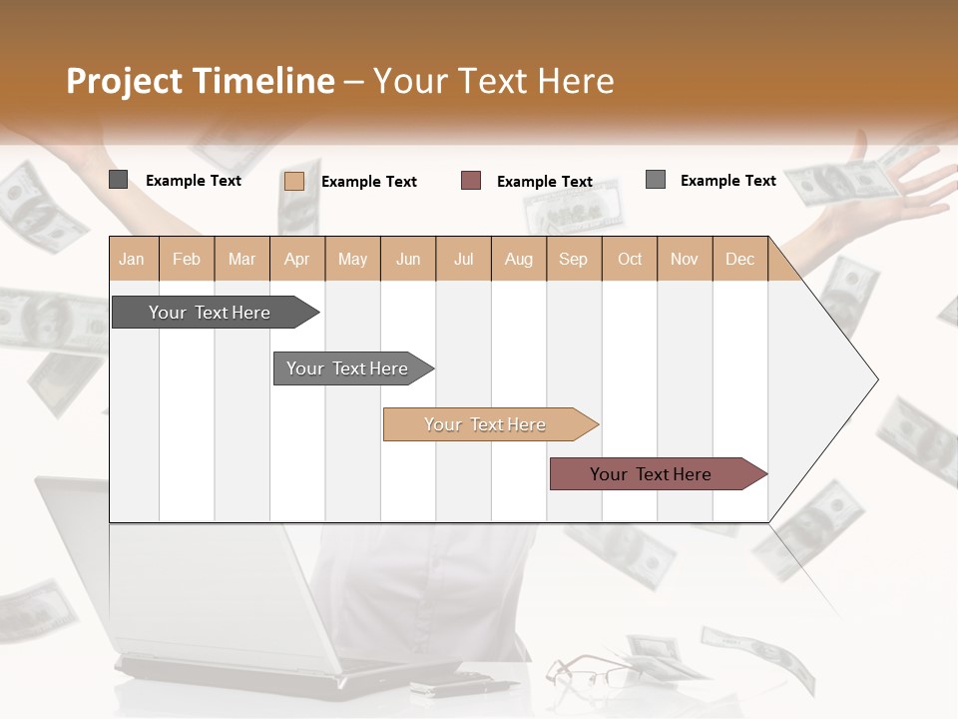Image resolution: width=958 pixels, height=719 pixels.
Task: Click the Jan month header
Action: click(133, 259)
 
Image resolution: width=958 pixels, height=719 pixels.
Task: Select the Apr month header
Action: click(297, 259)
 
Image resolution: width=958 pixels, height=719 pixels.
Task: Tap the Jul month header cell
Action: click(463, 259)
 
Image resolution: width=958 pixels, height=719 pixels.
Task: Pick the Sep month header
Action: click(573, 259)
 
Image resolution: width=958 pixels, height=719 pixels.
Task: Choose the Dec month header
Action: click(739, 259)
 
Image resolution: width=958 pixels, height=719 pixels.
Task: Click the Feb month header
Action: click(187, 259)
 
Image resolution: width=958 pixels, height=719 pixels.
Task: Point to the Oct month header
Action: click(630, 259)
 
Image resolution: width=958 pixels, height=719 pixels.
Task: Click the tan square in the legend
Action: click(294, 181)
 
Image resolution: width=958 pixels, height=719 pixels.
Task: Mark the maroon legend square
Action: click(471, 180)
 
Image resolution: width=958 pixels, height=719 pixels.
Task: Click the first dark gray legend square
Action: click(119, 180)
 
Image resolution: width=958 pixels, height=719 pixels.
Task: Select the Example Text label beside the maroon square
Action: click(545, 181)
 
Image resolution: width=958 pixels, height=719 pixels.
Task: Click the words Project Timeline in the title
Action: click(201, 81)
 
